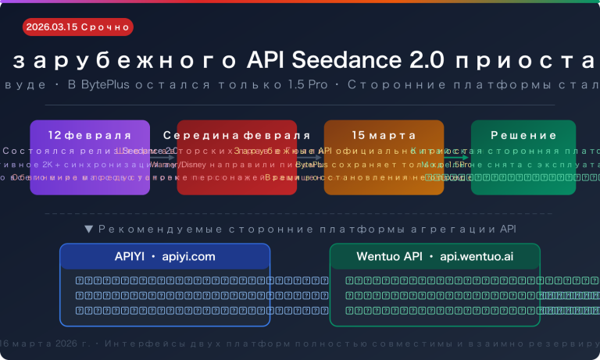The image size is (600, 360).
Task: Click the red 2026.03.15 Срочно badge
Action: (77, 27)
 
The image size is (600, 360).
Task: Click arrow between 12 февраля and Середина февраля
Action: (163, 157)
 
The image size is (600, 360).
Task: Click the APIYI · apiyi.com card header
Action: (165, 256)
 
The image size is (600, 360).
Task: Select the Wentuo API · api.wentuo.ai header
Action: (435, 256)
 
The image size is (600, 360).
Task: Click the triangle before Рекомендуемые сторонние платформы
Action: (88, 230)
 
